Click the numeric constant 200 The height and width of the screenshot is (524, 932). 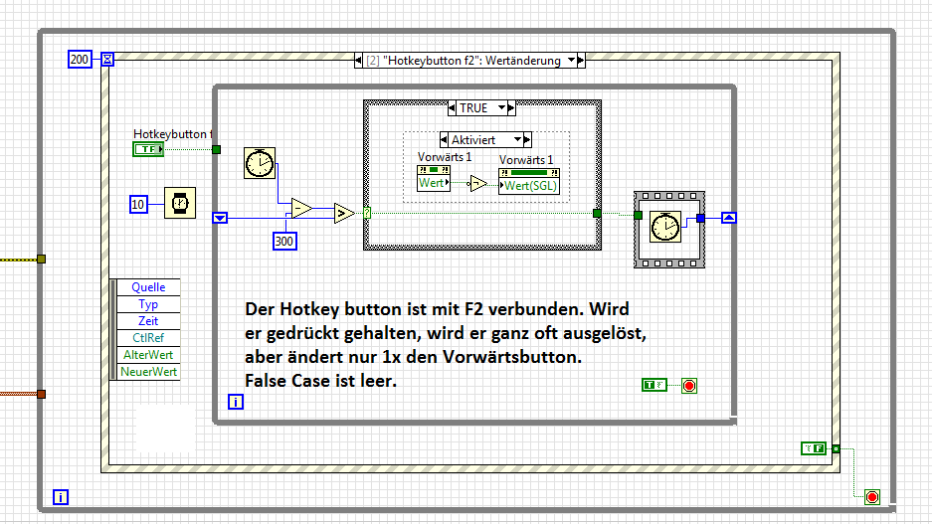[80, 60]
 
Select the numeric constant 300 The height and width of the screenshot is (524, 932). [284, 242]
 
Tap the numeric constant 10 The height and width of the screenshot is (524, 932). [138, 205]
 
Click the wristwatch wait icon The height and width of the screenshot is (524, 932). [180, 203]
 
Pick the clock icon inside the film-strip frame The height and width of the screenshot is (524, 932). [665, 227]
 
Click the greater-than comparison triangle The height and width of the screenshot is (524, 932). [344, 213]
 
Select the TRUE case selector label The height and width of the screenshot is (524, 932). [473, 108]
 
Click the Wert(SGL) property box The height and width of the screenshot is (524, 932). [529, 185]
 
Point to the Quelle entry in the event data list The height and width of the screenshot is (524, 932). [148, 287]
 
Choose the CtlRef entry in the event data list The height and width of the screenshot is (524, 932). [148, 338]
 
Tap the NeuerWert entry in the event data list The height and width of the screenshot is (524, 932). [148, 372]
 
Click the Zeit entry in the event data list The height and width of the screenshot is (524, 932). [148, 321]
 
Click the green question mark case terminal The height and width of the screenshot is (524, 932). [367, 213]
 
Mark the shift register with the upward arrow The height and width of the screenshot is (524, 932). [729, 218]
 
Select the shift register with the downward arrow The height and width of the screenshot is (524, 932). [220, 218]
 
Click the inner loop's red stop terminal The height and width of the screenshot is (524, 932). [689, 386]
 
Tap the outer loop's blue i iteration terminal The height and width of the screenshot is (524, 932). [61, 497]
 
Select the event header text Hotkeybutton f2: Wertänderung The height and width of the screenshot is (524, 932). [471, 61]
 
